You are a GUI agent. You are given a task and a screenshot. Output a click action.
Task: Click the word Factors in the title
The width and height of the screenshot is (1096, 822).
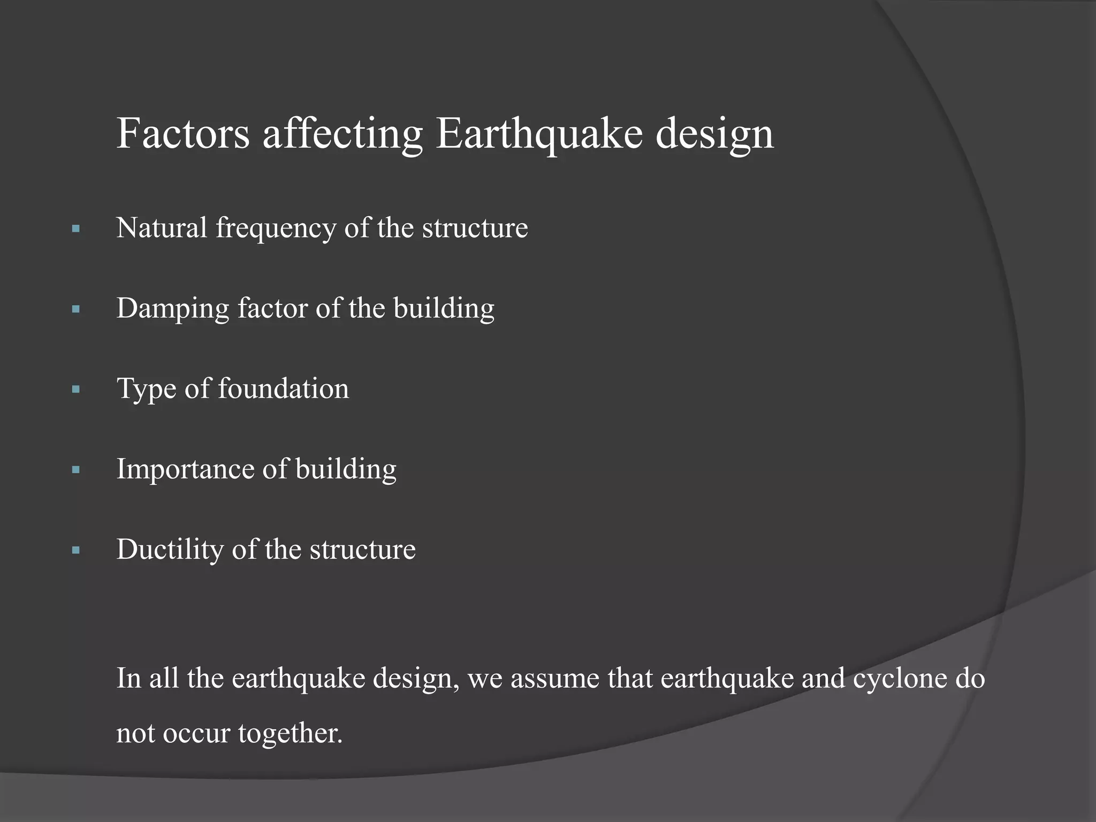pos(183,133)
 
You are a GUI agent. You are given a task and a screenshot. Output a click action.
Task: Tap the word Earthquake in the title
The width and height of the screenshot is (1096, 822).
pos(538,133)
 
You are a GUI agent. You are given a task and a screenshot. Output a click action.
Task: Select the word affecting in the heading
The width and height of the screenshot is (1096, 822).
pos(342,133)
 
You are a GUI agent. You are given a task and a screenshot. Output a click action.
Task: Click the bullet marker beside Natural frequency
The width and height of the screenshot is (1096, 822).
pos(75,229)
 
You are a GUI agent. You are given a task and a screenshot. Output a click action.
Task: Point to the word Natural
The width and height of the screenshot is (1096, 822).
pos(162,227)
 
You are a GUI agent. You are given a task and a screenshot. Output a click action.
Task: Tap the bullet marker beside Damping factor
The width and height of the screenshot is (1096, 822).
pos(75,309)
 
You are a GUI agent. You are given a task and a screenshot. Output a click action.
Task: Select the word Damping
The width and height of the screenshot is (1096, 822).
pos(173,308)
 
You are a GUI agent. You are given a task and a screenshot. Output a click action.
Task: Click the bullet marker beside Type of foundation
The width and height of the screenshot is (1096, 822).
pos(75,390)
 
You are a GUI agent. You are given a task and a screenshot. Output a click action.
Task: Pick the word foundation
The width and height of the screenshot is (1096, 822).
pos(283,389)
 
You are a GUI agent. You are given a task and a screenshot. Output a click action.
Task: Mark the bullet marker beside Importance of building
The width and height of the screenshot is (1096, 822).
pos(75,470)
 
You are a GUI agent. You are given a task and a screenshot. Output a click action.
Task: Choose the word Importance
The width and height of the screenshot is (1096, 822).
pos(185,469)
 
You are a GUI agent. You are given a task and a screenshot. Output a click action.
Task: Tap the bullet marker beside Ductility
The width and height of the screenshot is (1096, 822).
pos(75,550)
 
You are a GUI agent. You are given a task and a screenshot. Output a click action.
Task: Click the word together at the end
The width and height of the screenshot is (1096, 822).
pos(290,733)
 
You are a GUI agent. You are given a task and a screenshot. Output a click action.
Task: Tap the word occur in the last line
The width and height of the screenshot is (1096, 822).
pos(196,733)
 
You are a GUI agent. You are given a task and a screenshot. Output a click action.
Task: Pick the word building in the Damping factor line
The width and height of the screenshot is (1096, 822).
pos(444,308)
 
